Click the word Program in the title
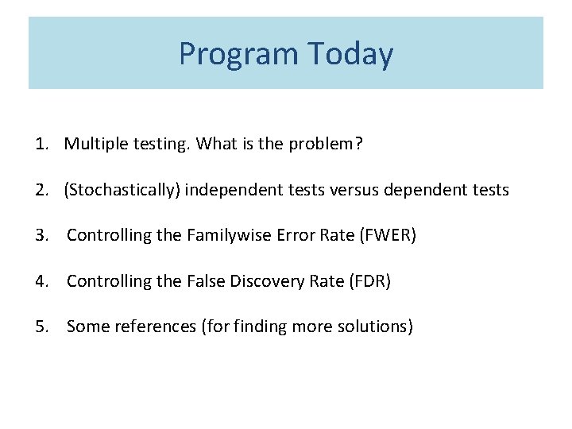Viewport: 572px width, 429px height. point(238,55)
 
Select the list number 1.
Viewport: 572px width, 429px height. point(41,145)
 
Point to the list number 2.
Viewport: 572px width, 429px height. point(41,190)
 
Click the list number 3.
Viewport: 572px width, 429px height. point(41,235)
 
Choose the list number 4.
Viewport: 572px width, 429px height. point(41,280)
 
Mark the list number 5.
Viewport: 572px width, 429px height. point(41,326)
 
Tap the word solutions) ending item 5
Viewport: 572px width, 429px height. point(379,326)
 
